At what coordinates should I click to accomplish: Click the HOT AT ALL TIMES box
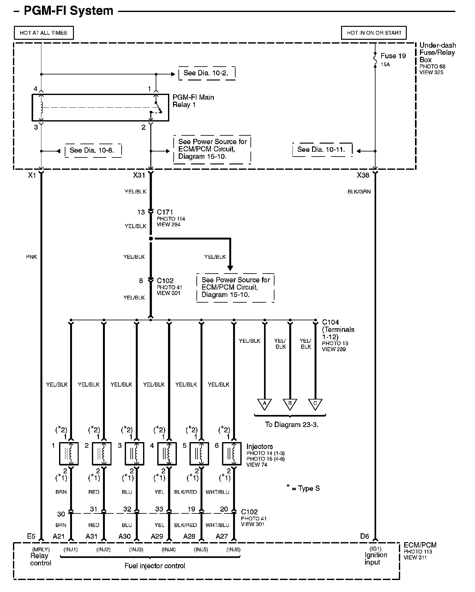pos(44,33)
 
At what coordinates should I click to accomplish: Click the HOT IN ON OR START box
pos(374,33)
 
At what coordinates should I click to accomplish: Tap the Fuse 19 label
pos(393,56)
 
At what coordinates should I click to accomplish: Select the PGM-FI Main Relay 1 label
pos(193,101)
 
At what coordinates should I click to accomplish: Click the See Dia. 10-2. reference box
pos(207,73)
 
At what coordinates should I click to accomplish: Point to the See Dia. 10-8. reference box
pos(93,151)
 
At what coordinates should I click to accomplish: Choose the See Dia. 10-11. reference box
pos(322,150)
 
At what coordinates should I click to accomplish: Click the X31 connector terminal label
pos(139,175)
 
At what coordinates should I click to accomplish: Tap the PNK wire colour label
pos(32,257)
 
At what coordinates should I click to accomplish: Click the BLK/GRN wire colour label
pos(359,192)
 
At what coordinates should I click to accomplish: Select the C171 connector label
pos(165,212)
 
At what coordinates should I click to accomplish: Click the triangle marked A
pos(265,404)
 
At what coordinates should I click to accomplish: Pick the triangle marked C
pos(315,404)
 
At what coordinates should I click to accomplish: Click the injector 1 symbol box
pos(69,454)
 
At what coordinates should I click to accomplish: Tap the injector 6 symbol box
pos(232,454)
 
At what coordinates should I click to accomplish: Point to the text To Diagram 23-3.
pos(292,425)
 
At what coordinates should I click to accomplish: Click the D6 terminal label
pos(364,536)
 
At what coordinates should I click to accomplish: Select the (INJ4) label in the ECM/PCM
pos(169,549)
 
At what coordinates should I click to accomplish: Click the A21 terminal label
pos(59,536)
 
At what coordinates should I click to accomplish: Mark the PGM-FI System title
pos(69,11)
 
